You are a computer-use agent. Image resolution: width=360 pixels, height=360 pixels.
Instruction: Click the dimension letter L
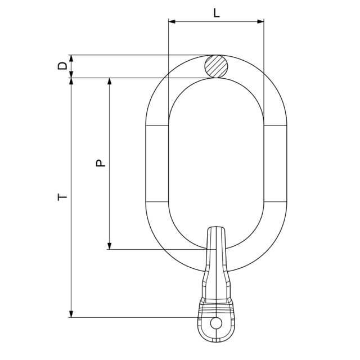tap(217, 13)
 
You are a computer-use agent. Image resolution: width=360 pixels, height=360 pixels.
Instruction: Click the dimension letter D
tap(62, 66)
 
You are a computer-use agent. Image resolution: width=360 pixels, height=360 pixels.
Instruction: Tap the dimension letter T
tap(62, 197)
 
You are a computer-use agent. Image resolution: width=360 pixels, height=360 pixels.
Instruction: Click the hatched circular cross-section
tap(216, 66)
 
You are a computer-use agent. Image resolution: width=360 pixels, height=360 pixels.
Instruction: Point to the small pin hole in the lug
tap(216, 323)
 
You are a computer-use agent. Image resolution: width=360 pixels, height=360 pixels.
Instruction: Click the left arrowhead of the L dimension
tap(172, 21)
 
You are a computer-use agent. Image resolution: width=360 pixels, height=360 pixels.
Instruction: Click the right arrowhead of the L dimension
tap(260, 21)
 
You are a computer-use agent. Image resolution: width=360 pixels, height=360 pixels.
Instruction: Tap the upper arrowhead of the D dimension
tap(71, 58)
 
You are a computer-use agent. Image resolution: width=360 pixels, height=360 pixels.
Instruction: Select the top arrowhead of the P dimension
tap(110, 82)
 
